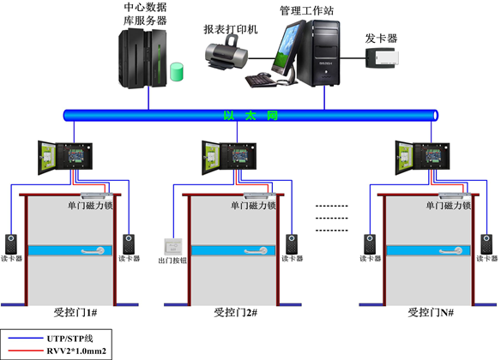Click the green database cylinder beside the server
tap(177, 72)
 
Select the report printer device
tap(226, 52)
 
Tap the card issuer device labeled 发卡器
tap(382, 57)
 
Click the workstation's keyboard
tap(261, 80)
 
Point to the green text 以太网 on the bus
tap(250, 115)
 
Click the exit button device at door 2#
tap(172, 247)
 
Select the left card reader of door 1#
tap(11, 244)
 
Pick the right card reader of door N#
tap(487, 244)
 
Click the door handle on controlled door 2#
tap(256, 251)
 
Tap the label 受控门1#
tap(75, 313)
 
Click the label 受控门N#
tap(431, 313)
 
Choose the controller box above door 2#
tap(229, 158)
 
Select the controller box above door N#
tap(422, 158)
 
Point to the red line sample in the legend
tap(26, 351)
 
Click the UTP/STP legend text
tap(70, 339)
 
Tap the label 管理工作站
tap(307, 11)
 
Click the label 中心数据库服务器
tap(145, 14)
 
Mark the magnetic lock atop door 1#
tap(96, 195)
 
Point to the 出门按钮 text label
tap(172, 261)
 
